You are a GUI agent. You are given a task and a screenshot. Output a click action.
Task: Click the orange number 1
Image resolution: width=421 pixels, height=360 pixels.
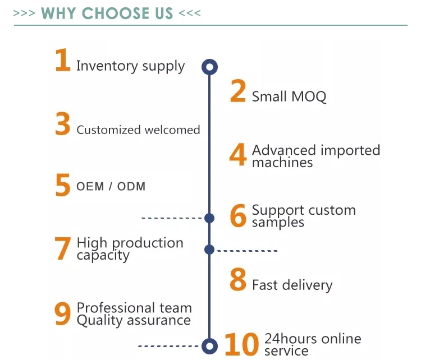(x=62, y=61)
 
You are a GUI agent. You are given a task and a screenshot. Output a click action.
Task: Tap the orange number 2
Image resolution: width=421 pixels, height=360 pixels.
(x=238, y=91)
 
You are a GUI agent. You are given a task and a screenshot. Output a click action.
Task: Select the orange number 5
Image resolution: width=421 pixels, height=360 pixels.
(x=63, y=186)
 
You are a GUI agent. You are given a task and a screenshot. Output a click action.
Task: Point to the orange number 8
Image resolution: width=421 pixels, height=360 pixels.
(x=238, y=280)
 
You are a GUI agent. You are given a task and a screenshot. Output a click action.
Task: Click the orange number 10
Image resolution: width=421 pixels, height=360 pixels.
(x=242, y=344)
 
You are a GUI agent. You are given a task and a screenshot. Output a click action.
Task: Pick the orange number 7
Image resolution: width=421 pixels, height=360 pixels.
(x=63, y=249)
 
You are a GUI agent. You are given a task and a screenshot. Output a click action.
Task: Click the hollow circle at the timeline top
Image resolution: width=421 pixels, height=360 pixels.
(x=209, y=67)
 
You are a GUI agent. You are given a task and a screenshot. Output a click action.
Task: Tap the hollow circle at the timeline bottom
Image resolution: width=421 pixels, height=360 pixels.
(x=209, y=345)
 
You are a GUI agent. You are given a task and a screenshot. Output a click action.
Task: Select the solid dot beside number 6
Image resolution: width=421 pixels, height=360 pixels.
(x=209, y=218)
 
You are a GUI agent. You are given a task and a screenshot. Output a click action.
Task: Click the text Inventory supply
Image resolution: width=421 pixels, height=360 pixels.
(x=130, y=66)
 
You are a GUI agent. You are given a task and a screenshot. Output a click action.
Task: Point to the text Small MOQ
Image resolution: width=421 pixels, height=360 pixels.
(x=289, y=96)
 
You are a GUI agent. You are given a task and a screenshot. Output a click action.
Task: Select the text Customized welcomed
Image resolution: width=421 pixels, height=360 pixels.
(x=138, y=130)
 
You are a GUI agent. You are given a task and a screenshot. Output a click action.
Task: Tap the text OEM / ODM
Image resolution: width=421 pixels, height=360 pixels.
(x=111, y=187)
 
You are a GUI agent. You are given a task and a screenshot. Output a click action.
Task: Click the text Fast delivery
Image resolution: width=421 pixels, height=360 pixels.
(x=292, y=285)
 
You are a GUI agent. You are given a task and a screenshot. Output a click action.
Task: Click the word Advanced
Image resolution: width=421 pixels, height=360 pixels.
(x=283, y=150)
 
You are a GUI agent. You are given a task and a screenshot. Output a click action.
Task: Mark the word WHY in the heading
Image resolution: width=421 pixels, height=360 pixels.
(x=57, y=13)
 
